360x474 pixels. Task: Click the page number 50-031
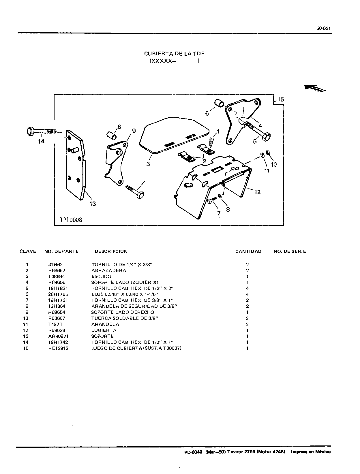click(x=323, y=29)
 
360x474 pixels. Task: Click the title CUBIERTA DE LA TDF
click(x=174, y=54)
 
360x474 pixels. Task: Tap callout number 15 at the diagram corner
click(x=280, y=99)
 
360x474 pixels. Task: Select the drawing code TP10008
click(x=71, y=220)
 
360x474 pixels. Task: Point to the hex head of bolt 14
click(x=31, y=131)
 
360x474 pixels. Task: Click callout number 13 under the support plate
click(x=93, y=204)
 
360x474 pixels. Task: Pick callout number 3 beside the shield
click(x=148, y=164)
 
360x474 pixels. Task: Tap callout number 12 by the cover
click(x=257, y=192)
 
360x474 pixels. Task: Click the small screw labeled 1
click(x=211, y=143)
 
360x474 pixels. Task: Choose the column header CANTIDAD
click(x=248, y=251)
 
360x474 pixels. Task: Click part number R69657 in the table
click(x=57, y=270)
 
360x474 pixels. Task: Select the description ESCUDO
click(x=101, y=276)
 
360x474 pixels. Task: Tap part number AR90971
click(x=58, y=336)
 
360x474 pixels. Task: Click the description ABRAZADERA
click(x=109, y=270)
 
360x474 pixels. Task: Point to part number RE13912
click(x=58, y=348)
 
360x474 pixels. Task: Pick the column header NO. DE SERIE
click(x=290, y=251)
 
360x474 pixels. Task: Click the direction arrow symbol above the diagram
click(x=315, y=88)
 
